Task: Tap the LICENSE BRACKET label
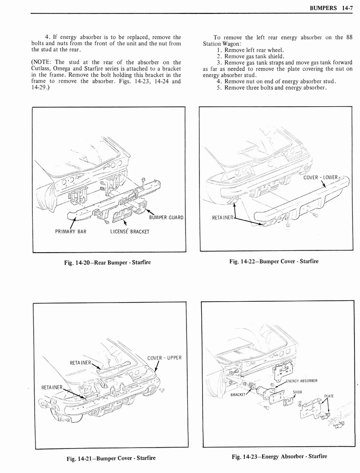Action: [x=130, y=231]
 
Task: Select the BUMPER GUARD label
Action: [x=166, y=218]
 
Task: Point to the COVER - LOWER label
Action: [x=321, y=178]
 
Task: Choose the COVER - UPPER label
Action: [x=164, y=358]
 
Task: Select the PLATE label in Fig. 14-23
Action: [x=329, y=396]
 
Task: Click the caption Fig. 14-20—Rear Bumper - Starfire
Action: [x=108, y=262]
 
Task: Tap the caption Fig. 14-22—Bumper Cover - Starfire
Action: [x=274, y=261]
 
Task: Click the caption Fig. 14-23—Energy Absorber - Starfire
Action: [x=279, y=456]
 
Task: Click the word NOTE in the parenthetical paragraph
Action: [x=43, y=62]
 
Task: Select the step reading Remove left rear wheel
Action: [x=254, y=50]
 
